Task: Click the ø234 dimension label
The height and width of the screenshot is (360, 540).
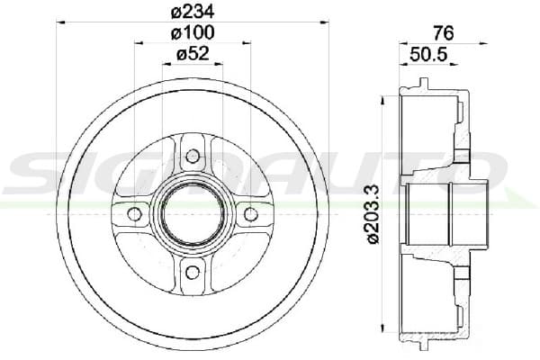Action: click(193, 12)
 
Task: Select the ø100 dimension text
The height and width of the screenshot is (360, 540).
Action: click(193, 32)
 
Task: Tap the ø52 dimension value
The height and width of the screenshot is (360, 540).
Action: click(193, 53)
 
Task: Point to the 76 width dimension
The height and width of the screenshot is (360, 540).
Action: click(444, 33)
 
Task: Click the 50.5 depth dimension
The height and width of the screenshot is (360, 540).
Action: click(428, 54)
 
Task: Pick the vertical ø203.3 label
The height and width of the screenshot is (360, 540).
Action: click(373, 214)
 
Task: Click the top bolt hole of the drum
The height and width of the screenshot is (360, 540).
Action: click(193, 156)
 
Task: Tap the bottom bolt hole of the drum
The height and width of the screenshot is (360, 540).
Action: click(193, 273)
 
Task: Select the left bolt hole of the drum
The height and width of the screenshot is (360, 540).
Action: click(134, 214)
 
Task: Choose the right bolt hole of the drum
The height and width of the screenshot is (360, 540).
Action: click(251, 214)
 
